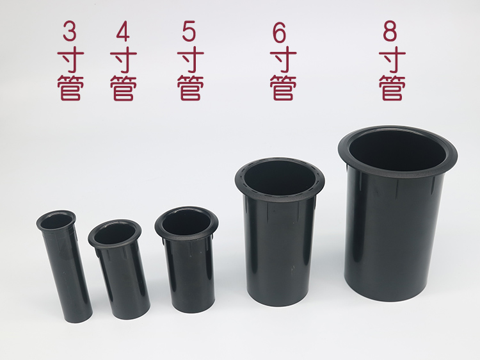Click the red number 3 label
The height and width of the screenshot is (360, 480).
click(70, 31)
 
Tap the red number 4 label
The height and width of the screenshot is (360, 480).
click(123, 31)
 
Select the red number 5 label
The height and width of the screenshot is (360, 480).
click(189, 31)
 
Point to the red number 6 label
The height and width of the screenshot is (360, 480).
click(279, 33)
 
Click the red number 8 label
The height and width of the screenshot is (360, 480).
click(390, 31)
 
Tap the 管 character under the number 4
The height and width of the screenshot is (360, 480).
click(124, 88)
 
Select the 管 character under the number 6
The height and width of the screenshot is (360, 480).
click(283, 88)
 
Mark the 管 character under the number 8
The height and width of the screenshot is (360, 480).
click(392, 88)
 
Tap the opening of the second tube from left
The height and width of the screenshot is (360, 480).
click(115, 234)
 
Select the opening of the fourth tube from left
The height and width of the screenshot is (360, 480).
click(280, 178)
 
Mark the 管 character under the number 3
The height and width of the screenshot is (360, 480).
click(70, 88)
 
